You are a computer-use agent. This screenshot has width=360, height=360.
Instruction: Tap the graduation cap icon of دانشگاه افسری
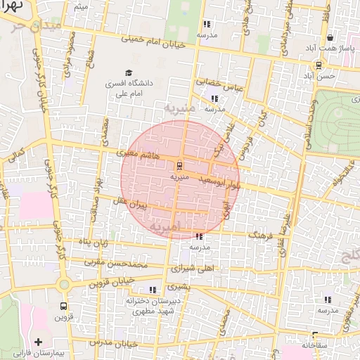[x=129, y=72]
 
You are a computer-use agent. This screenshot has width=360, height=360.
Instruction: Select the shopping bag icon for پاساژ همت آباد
[x=330, y=38]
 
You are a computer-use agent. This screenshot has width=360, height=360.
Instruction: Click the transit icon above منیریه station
[x=180, y=166]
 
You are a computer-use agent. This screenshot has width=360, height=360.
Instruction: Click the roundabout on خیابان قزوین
[x=64, y=285]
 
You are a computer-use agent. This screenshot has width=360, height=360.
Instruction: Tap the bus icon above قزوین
[x=64, y=307]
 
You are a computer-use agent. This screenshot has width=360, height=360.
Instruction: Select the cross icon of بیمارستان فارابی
[x=38, y=342]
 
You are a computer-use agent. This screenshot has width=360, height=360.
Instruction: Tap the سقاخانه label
[x=315, y=345]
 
